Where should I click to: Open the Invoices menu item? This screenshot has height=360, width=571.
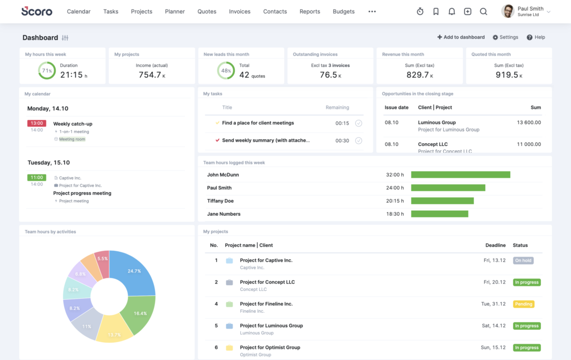point(240,12)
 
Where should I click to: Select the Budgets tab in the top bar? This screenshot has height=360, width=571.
point(343,12)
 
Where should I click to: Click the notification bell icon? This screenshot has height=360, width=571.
point(452,12)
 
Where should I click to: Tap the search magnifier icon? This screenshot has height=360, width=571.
point(483,12)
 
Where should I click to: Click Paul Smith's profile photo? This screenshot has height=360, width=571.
point(507,11)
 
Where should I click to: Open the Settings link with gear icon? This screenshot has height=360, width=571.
point(505,37)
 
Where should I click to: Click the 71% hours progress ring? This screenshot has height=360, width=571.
point(46,71)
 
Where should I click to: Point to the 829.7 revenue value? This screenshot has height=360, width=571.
point(418,75)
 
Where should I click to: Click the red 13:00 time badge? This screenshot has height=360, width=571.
point(37,123)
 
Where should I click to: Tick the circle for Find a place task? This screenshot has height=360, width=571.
point(359,123)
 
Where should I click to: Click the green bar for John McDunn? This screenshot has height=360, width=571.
point(461,174)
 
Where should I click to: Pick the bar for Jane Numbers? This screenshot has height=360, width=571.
point(439,214)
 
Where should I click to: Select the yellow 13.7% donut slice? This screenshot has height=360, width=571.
point(115,329)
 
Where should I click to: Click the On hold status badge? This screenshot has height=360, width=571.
point(523,260)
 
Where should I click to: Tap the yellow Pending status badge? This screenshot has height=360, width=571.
point(524,304)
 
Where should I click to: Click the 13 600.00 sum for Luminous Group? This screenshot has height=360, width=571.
point(529,123)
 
